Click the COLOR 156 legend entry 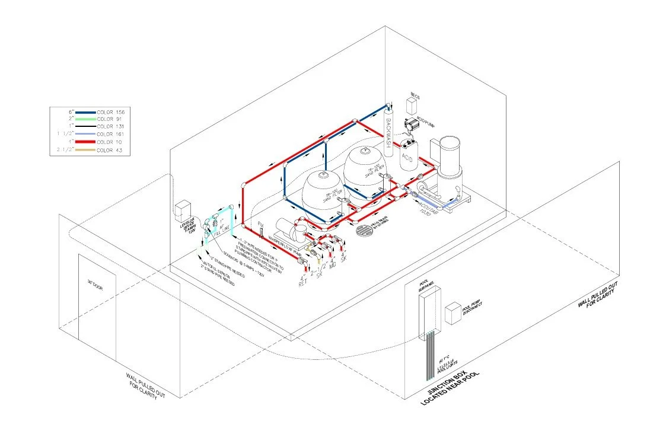tap(111, 111)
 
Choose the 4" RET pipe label tap(302, 279)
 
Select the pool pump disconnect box tap(453, 314)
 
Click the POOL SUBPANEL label tap(423, 286)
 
